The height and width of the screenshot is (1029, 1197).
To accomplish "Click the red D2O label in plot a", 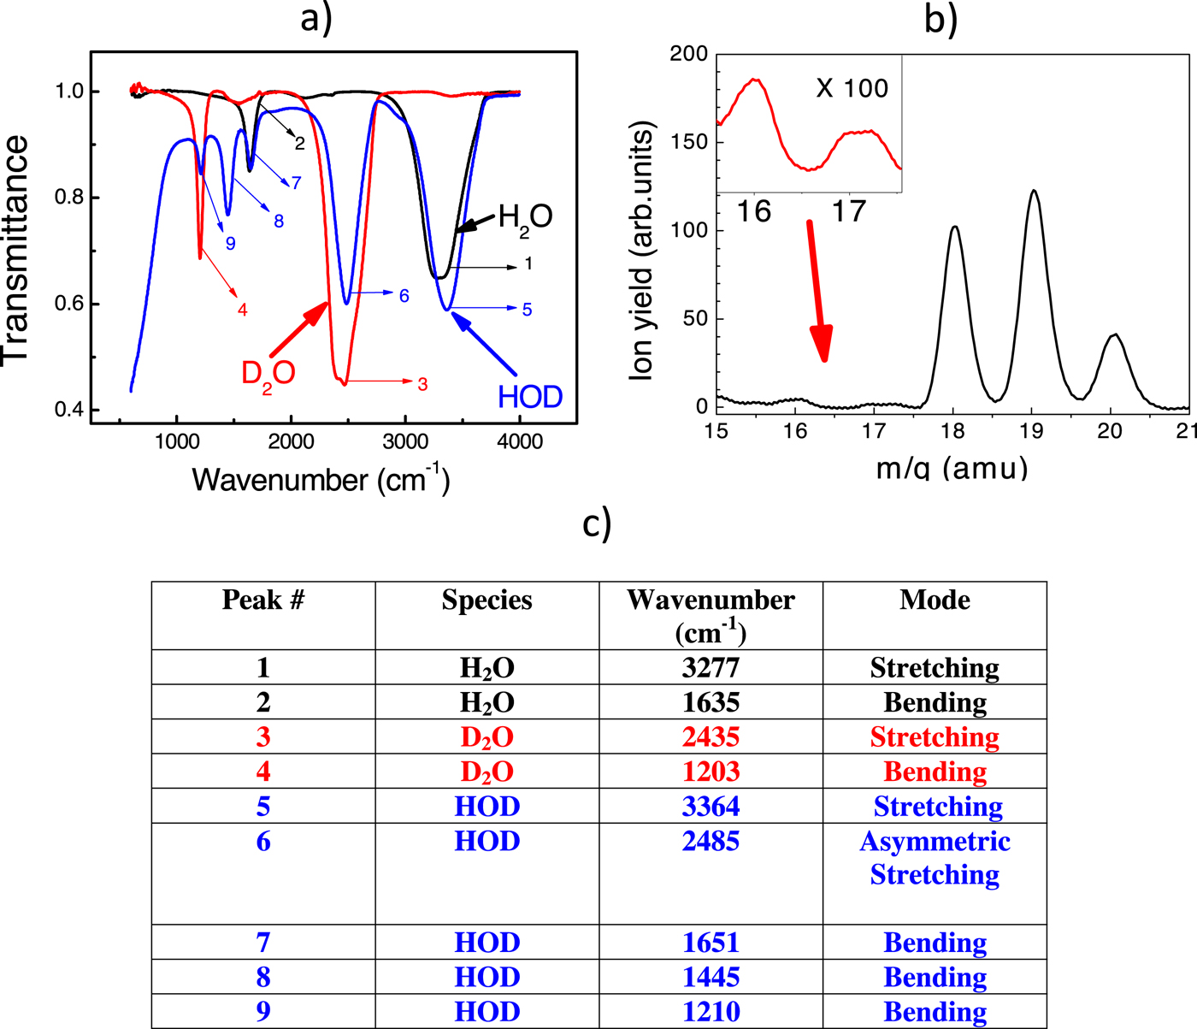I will click(268, 373).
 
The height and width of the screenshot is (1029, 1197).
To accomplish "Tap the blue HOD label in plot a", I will click(530, 397).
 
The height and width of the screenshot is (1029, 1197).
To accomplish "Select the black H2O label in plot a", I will click(525, 216).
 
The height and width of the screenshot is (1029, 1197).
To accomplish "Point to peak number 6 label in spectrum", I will click(404, 296).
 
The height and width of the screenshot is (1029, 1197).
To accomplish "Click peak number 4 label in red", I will click(243, 310).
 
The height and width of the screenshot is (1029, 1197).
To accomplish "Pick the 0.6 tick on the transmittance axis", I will click(72, 305).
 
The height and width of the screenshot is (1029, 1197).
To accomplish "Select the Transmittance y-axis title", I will click(17, 250).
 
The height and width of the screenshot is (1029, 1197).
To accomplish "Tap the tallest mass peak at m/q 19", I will click(1034, 192).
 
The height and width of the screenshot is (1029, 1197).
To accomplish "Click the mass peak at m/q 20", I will click(1112, 336).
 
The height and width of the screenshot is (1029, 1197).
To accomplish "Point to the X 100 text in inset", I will click(852, 88).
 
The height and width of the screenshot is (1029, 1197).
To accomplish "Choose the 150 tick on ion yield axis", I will click(688, 142).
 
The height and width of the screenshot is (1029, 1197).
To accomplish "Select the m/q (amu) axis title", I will click(952, 468).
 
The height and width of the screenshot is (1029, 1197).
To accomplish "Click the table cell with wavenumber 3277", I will click(711, 667).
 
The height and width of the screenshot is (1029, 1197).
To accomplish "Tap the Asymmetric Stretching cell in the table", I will click(935, 858).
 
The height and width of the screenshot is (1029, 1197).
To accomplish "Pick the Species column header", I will click(486, 600).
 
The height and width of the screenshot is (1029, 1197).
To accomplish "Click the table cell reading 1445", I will click(711, 977).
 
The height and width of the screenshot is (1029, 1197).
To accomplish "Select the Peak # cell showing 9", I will click(263, 1012).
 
